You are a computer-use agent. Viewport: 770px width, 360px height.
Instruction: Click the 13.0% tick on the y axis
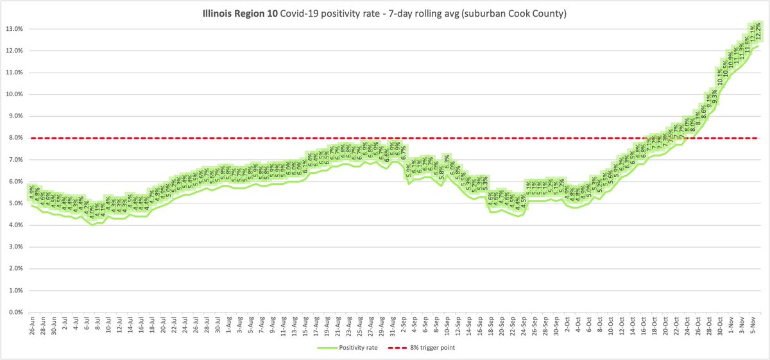point(15,29)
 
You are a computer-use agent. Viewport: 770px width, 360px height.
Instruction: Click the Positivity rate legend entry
point(346,347)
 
